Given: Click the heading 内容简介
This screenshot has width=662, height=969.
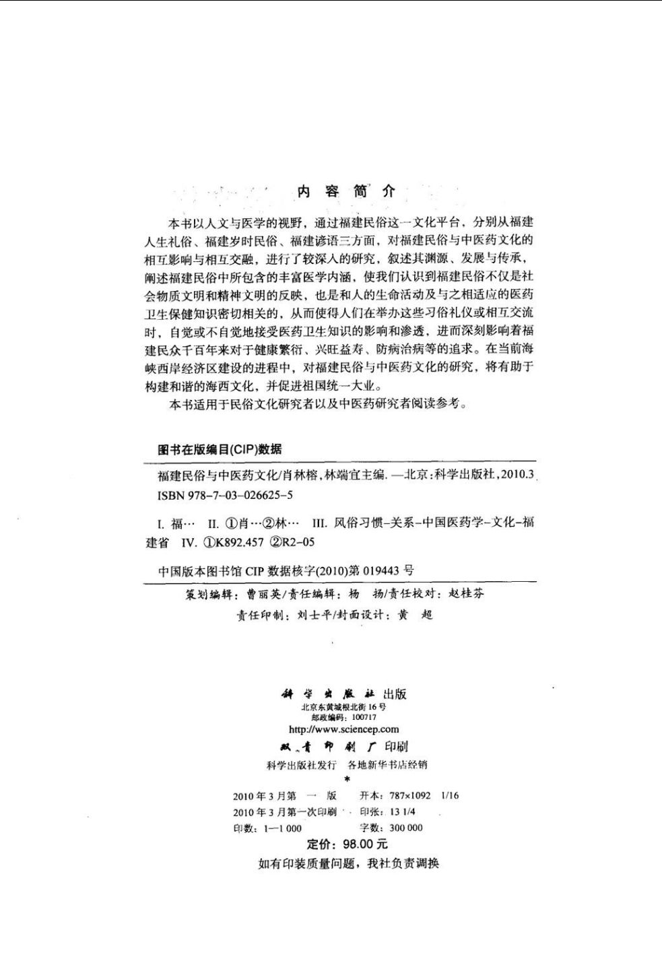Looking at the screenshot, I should tap(346, 191).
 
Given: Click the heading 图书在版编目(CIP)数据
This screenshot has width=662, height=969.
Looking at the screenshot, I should tap(220, 450).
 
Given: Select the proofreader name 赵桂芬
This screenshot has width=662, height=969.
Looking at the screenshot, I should tap(465, 594).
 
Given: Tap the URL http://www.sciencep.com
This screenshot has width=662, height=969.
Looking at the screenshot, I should tap(343, 729).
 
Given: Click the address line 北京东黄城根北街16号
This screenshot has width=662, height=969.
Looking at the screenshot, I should tap(343, 708).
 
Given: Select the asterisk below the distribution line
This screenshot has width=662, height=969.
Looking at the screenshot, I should tap(347, 779).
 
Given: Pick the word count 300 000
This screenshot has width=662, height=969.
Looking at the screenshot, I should tap(406, 828).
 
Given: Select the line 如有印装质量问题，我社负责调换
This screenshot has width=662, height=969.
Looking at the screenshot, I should tap(348, 864).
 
